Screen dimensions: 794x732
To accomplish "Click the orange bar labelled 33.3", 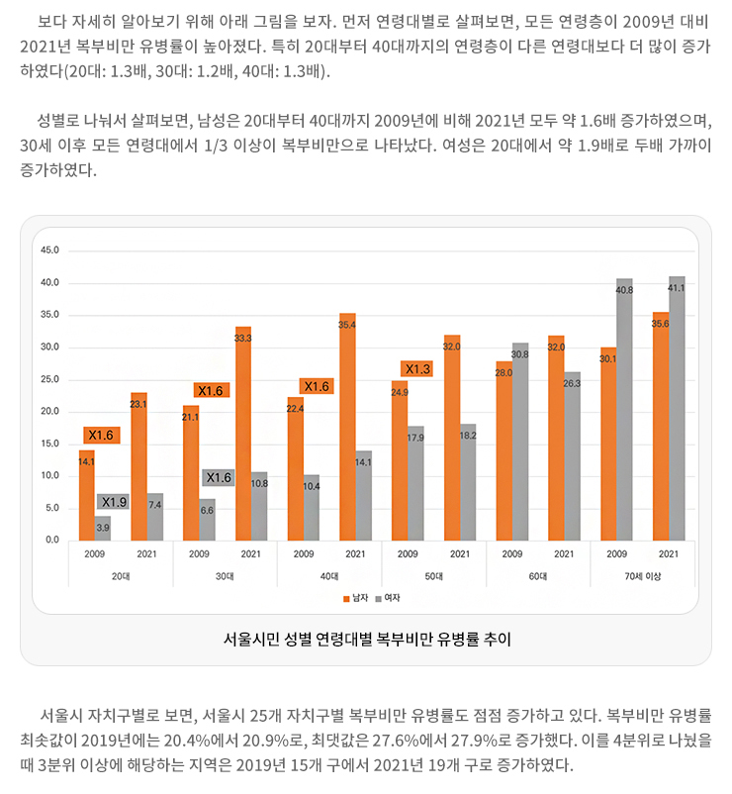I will (x=243, y=436).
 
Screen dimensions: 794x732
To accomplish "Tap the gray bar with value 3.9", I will (x=103, y=529).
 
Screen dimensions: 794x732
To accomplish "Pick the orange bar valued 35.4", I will (x=347, y=429).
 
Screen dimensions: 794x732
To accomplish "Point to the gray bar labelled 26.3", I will (x=573, y=457).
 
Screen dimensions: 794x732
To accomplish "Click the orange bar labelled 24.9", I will (x=400, y=461).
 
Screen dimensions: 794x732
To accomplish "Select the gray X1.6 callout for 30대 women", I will (x=219, y=477).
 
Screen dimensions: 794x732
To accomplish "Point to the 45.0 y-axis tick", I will (x=49, y=250).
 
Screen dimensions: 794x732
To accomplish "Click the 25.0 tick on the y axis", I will (x=49, y=379).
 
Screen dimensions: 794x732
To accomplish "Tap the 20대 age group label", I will (x=121, y=576).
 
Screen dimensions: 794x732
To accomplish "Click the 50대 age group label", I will (x=433, y=576).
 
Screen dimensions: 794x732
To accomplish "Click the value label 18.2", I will (x=468, y=435).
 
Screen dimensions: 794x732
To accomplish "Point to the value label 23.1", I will (x=138, y=404).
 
